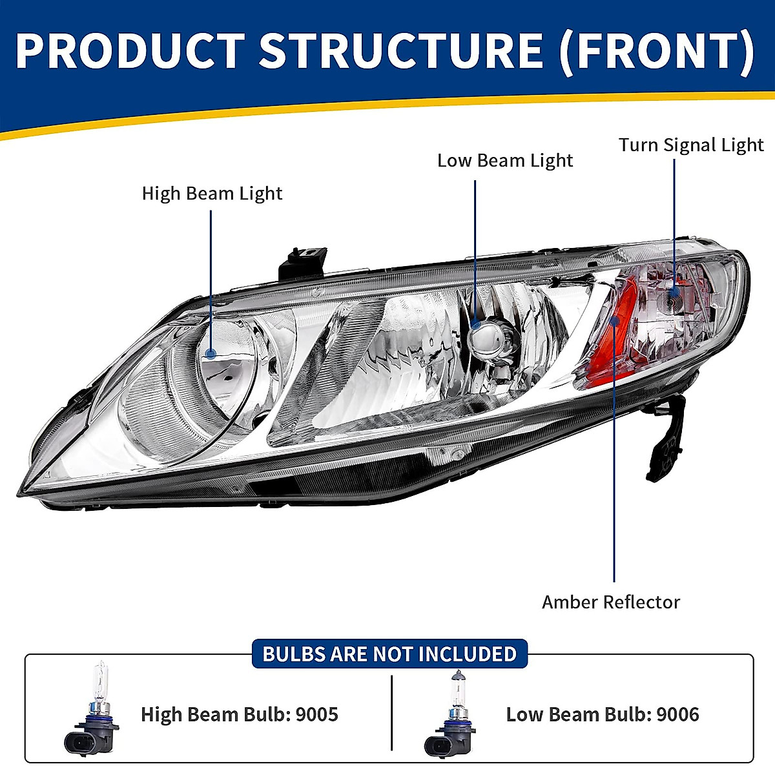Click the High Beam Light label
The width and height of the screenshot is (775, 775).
212,193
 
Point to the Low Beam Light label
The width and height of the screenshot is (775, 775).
504,160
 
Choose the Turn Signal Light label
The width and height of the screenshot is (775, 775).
691,145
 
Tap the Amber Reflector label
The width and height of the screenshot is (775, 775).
610,602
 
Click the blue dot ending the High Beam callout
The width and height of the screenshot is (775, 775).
211,353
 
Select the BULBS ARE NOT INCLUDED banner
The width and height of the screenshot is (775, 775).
389,654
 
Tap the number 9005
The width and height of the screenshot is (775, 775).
316,714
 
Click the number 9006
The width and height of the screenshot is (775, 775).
677,714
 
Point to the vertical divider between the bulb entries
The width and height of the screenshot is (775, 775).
392,713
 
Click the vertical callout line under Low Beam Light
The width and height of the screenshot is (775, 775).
475,245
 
